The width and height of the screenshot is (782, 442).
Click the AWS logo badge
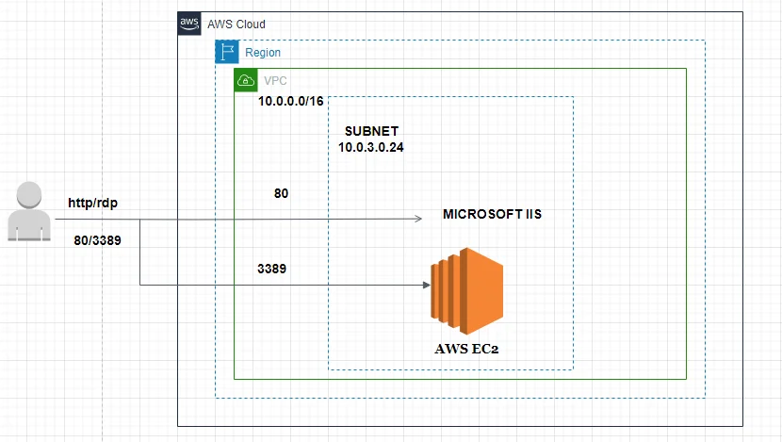coord(189,24)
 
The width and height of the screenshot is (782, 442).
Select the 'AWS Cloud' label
coord(236,24)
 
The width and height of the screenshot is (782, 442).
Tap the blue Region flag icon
coord(226,52)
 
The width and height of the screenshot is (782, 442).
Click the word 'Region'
coord(263,53)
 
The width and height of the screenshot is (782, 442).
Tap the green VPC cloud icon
coord(245,80)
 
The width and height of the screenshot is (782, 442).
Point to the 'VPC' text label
coord(276,81)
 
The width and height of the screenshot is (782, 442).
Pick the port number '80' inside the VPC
coord(281,193)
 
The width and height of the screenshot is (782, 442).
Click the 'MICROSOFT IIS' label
coord(492,215)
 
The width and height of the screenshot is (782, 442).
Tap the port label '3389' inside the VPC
coord(271,269)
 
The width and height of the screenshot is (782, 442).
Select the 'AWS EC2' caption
coord(467,349)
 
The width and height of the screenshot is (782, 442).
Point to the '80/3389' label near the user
coord(98,240)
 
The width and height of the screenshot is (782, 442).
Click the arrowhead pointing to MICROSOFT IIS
coord(416,220)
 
